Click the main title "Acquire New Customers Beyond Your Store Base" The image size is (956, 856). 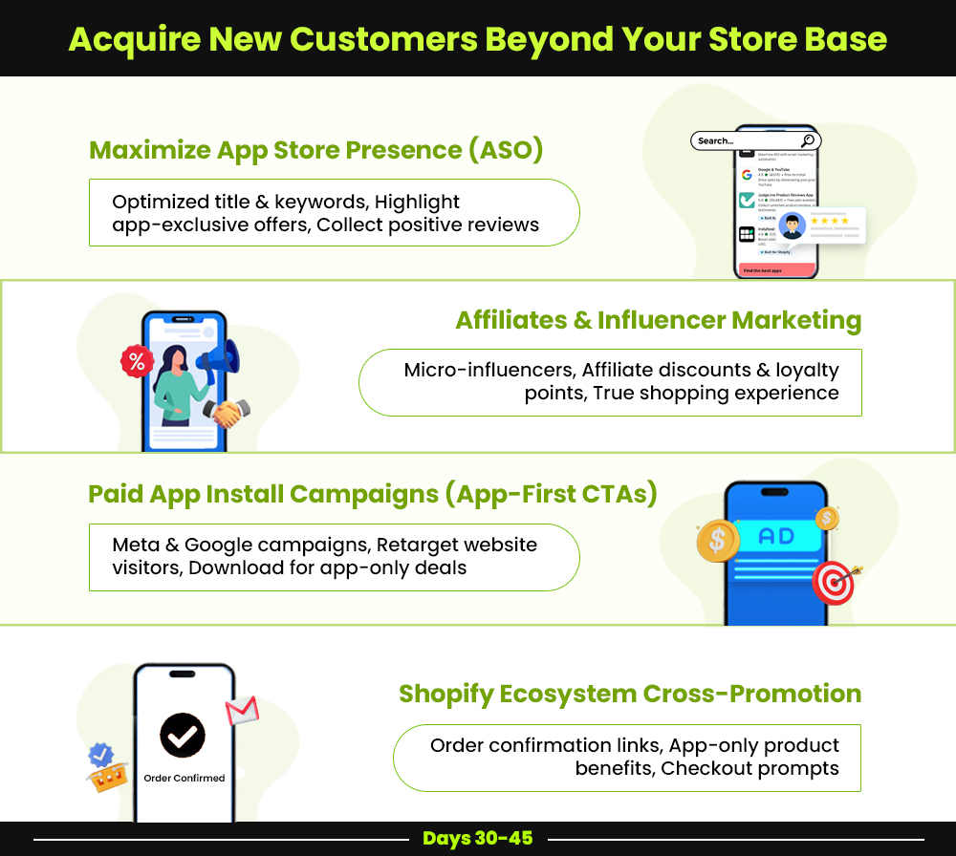click(x=477, y=39)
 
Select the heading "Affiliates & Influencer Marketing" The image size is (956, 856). click(x=658, y=320)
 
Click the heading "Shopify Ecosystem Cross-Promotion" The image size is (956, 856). click(x=629, y=693)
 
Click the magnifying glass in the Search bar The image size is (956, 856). click(x=808, y=140)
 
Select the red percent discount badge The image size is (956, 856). click(x=137, y=361)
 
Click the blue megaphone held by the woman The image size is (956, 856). click(x=219, y=361)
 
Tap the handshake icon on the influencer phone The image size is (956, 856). click(x=228, y=413)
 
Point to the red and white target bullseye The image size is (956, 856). click(x=834, y=581)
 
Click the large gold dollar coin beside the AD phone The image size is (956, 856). click(x=716, y=542)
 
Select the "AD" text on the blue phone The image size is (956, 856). click(x=775, y=536)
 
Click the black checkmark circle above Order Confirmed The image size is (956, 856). click(x=183, y=734)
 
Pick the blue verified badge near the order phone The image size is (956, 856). click(x=100, y=756)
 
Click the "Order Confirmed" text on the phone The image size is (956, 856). click(x=184, y=778)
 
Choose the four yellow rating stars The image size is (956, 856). click(x=830, y=221)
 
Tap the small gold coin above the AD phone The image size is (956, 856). click(x=827, y=519)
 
